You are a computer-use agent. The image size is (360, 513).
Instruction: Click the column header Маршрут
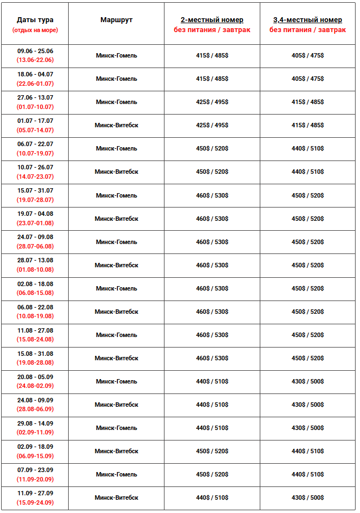(116, 20)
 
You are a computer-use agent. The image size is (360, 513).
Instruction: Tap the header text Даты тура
(35, 20)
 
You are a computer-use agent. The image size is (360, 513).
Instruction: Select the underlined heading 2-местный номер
(212, 20)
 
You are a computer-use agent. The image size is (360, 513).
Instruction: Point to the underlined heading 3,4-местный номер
(307, 20)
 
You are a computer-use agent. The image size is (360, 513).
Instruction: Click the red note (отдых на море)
(35, 30)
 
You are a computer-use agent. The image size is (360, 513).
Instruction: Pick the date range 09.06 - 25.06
(35, 51)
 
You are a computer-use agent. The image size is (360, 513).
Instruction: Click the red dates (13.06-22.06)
(35, 60)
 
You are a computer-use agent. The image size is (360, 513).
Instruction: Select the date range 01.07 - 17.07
(35, 121)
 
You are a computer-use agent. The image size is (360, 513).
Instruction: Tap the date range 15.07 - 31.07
(35, 190)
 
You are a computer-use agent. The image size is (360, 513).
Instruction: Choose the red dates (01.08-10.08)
(35, 270)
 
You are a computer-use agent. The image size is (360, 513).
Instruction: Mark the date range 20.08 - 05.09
(35, 377)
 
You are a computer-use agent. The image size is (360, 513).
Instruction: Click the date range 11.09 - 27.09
(35, 493)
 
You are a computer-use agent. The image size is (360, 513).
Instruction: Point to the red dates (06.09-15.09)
(35, 456)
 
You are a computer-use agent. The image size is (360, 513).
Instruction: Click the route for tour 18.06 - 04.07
(116, 79)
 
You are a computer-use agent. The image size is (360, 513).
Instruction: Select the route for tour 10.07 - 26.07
(116, 172)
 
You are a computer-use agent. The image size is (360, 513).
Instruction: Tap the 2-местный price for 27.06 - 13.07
(212, 102)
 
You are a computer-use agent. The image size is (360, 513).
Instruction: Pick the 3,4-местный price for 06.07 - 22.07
(307, 148)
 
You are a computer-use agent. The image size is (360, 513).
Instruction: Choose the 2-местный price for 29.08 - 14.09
(212, 428)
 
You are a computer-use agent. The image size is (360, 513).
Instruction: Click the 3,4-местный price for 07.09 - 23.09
(307, 474)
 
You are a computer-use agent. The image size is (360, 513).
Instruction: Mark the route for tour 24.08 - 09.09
(116, 405)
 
